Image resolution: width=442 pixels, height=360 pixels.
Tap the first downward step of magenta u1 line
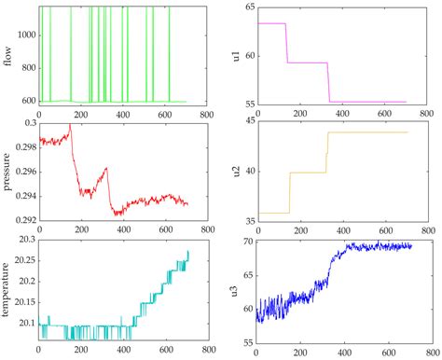(x=286, y=43)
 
